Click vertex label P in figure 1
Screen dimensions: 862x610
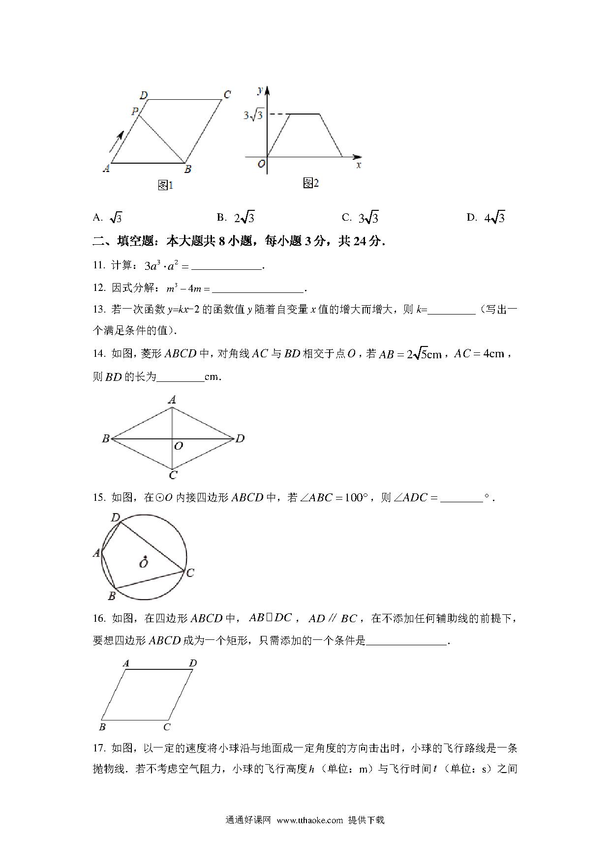coord(134,112)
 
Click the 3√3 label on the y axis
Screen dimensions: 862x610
coord(254,116)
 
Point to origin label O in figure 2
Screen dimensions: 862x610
coord(262,164)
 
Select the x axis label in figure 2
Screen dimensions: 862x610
coord(359,165)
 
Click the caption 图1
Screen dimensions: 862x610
coord(165,185)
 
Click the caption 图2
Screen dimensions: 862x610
coord(311,183)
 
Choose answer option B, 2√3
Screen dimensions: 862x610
coord(236,217)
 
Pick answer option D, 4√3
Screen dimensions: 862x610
coord(486,217)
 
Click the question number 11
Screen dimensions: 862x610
coord(99,265)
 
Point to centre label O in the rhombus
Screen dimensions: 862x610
coord(179,446)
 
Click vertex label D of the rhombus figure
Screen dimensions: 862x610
coord(240,438)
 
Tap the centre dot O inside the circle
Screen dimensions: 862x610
coord(144,558)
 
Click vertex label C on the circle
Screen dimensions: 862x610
coord(190,573)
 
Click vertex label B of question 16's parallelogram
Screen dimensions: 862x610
coord(103,727)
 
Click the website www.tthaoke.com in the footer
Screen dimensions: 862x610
coord(309,820)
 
